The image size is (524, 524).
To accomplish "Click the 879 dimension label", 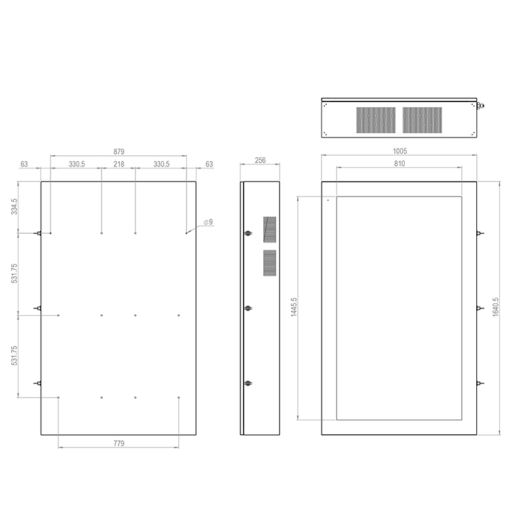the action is click(x=119, y=151).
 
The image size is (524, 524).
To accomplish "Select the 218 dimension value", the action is click(x=119, y=164).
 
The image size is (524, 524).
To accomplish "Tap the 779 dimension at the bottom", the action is click(x=119, y=443).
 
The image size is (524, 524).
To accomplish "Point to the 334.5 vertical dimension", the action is click(x=14, y=206).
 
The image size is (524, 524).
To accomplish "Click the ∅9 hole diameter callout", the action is click(x=208, y=222).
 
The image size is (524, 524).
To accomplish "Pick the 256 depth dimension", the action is click(x=260, y=160).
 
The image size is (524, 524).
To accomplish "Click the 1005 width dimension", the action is click(x=400, y=151).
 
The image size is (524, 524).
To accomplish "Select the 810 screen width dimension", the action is click(x=400, y=163).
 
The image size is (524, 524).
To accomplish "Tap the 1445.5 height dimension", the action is click(x=293, y=307).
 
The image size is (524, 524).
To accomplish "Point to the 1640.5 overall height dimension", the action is click(x=496, y=307).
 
